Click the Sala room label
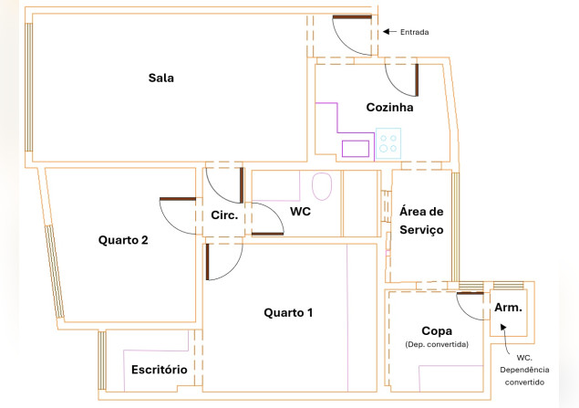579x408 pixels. click(161, 78)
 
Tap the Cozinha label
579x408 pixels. click(389, 107)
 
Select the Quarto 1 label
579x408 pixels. click(288, 313)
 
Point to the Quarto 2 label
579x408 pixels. click(123, 240)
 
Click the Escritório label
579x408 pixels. click(160, 369)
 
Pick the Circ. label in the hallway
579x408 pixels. click(224, 215)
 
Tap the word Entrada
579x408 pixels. click(414, 32)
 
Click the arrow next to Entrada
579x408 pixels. click(389, 32)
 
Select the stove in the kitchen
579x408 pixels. click(388, 143)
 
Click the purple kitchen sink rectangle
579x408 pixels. click(356, 149)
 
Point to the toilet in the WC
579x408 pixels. click(322, 186)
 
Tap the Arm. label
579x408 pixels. click(508, 308)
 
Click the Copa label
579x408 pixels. click(437, 330)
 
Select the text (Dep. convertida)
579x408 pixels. click(437, 344)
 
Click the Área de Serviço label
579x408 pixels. click(421, 221)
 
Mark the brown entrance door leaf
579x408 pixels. click(352, 16)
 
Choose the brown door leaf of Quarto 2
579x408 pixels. click(178, 199)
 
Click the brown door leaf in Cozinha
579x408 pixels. click(417, 79)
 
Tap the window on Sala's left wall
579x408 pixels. click(28, 88)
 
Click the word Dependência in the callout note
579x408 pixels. click(524, 370)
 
